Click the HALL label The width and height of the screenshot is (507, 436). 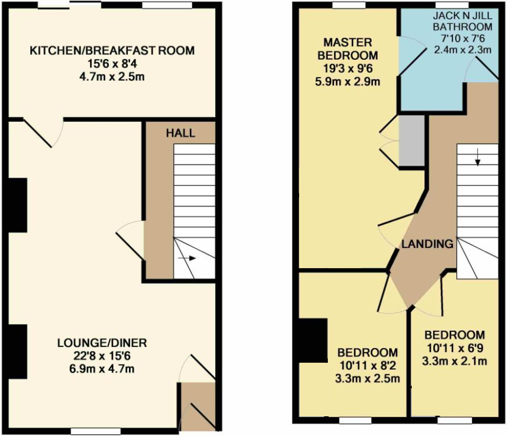point(180,133)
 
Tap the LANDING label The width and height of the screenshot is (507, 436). point(427,243)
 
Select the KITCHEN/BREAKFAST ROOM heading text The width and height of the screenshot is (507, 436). point(112,51)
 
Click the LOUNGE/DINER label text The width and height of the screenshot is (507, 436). point(102,342)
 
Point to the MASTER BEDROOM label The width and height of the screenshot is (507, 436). point(348,49)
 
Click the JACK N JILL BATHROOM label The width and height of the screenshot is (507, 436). point(462,21)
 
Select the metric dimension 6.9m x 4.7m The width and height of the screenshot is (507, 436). point(102,369)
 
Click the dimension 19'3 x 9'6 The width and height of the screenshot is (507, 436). point(348,69)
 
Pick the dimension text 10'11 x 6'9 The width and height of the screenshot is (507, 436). point(455,348)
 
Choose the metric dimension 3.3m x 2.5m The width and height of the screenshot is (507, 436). point(368,379)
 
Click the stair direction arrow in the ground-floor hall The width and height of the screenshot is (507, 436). point(187,258)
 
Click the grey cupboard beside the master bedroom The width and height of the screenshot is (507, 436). point(411,141)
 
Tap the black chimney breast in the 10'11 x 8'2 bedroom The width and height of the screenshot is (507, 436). point(313,340)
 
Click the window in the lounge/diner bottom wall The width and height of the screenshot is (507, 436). point(96,431)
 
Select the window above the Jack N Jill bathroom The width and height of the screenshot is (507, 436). point(452,5)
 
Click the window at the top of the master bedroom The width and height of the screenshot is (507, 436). point(349,5)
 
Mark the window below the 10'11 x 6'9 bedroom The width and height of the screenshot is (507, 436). point(454,420)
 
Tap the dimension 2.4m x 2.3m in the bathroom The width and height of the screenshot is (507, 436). point(462,50)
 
